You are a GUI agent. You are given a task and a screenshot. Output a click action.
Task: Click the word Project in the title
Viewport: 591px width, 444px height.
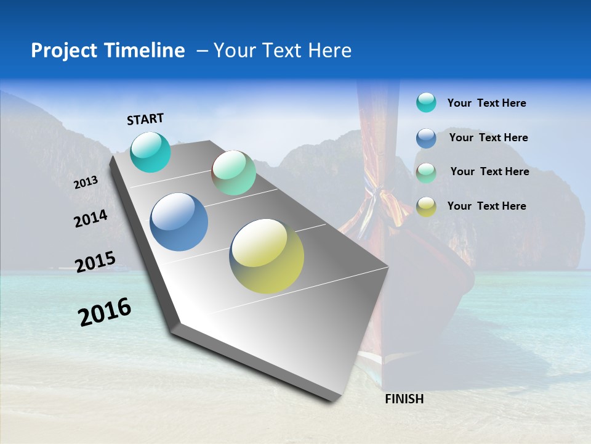pyautogui.click(x=63, y=51)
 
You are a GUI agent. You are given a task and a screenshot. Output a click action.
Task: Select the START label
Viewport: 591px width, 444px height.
pyautogui.click(x=145, y=119)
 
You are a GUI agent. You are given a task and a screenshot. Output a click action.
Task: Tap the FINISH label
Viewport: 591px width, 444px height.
pyautogui.click(x=404, y=399)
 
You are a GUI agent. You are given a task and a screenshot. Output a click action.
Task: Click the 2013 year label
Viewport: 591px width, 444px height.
pyautogui.click(x=86, y=183)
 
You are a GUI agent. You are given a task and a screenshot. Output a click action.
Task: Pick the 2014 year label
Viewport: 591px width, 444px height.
pyautogui.click(x=90, y=219)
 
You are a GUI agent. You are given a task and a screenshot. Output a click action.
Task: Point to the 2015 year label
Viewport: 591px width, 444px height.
pyautogui.click(x=95, y=262)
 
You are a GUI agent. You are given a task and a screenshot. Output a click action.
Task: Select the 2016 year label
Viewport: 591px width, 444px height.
pyautogui.click(x=105, y=312)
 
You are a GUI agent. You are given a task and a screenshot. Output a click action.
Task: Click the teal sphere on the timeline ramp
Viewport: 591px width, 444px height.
pyautogui.click(x=151, y=152)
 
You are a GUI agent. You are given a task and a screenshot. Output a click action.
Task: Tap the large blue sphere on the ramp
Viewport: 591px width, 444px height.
pyautogui.click(x=179, y=222)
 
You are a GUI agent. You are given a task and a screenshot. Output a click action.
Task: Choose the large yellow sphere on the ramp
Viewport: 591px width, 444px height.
pyautogui.click(x=267, y=256)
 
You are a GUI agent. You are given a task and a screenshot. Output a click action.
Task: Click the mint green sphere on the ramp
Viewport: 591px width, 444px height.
pyautogui.click(x=233, y=173)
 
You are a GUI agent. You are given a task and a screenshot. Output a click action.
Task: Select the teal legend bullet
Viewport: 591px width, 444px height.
pyautogui.click(x=426, y=103)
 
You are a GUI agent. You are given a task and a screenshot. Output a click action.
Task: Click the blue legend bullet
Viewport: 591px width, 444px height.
pyautogui.click(x=426, y=138)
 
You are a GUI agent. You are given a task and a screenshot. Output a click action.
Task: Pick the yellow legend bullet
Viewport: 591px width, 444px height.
pyautogui.click(x=426, y=207)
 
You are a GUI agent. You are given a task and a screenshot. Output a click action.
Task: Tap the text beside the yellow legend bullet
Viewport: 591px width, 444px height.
pyautogui.click(x=486, y=206)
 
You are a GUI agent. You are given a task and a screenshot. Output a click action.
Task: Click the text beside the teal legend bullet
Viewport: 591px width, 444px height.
pyautogui.click(x=486, y=103)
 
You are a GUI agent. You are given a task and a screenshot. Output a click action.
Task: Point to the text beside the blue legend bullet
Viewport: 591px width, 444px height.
pyautogui.click(x=488, y=138)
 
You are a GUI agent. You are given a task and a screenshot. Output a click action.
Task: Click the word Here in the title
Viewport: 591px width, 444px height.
pyautogui.click(x=329, y=51)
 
